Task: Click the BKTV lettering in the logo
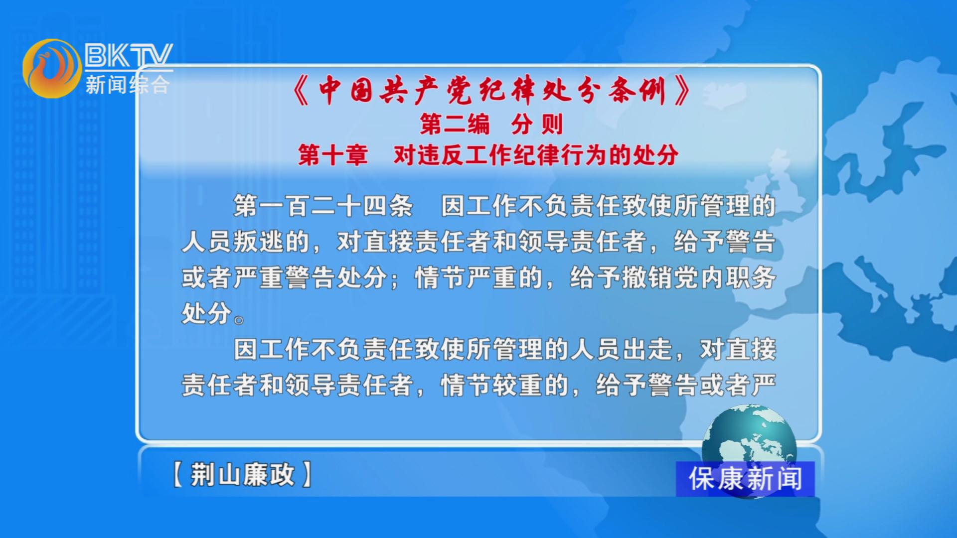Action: [129, 55]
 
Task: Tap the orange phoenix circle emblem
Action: [52, 69]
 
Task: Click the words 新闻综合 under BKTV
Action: [128, 84]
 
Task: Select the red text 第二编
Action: [455, 124]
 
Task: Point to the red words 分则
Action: [537, 124]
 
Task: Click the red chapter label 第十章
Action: [333, 155]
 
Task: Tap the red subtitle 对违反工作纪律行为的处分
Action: [536, 155]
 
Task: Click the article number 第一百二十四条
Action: [323, 206]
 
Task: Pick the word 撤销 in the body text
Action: [648, 277]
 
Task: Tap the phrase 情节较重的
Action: [505, 385]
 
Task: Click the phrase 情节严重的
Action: [479, 277]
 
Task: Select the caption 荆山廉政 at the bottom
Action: [242, 474]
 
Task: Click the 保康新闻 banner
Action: [745, 479]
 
